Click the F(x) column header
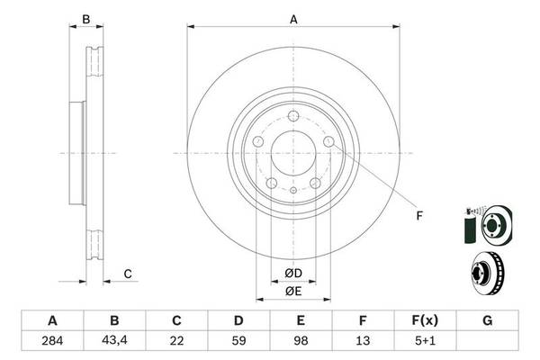[426, 321]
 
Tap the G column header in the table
[488, 321]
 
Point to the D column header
[238, 321]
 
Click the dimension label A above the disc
[292, 17]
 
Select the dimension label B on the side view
[86, 19]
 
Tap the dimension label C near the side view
[128, 274]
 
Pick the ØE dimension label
[292, 291]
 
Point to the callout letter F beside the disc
[418, 214]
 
